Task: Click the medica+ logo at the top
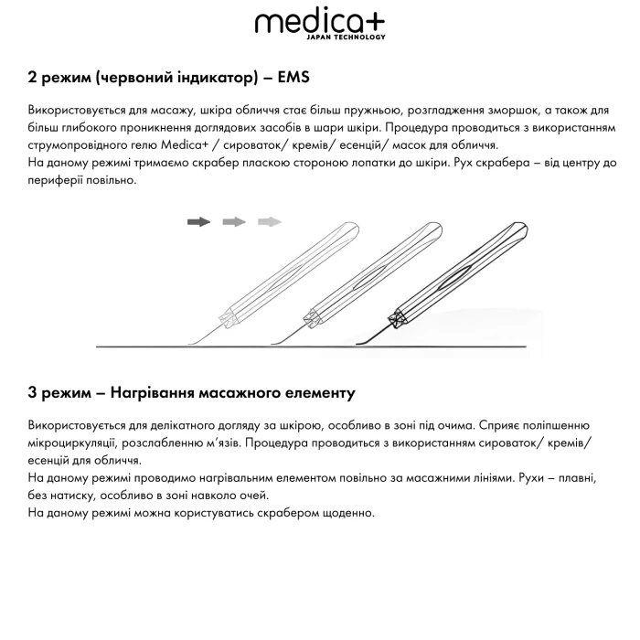pos(319,23)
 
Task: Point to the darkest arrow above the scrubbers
pos(198,221)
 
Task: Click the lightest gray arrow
pos(269,221)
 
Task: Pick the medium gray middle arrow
pos(234,221)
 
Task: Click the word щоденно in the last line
pos(347,513)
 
